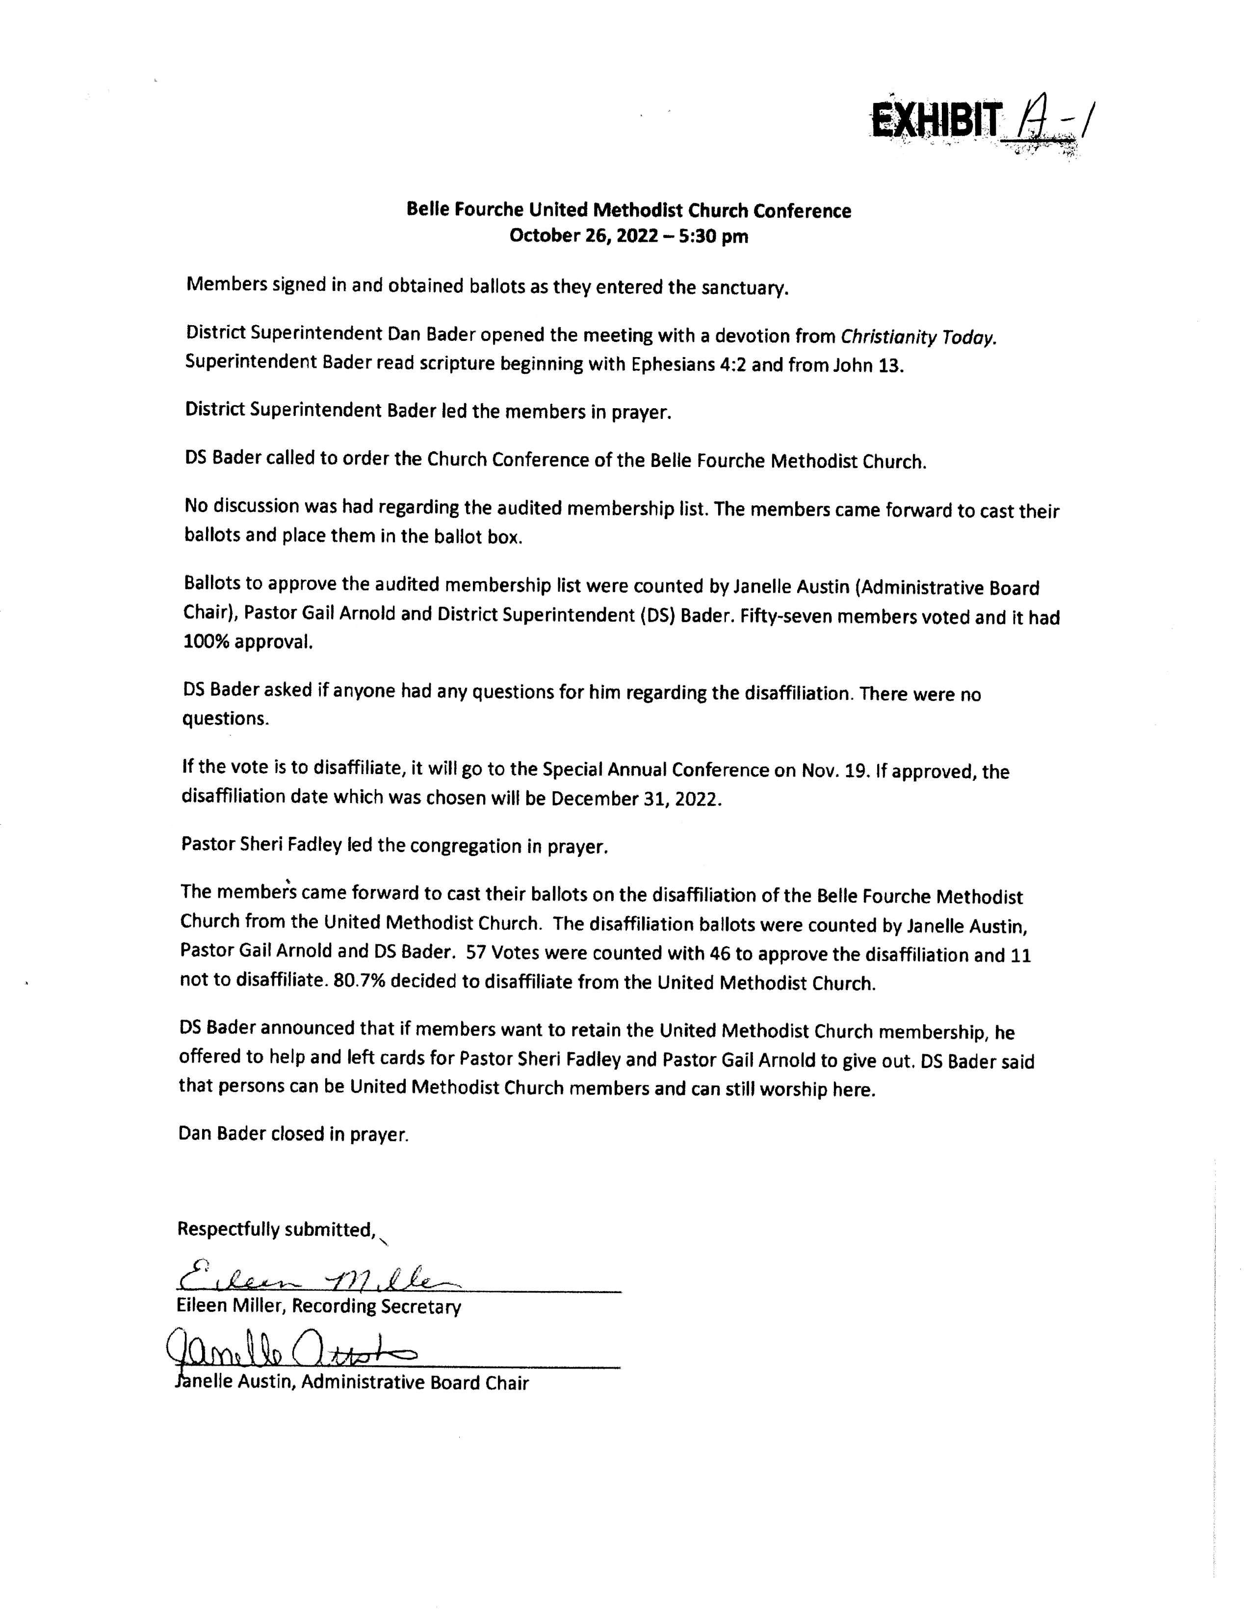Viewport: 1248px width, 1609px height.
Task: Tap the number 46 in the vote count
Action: (x=719, y=954)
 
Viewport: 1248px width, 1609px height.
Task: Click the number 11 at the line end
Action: (x=1020, y=955)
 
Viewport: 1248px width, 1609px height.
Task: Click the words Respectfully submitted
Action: (x=276, y=1229)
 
